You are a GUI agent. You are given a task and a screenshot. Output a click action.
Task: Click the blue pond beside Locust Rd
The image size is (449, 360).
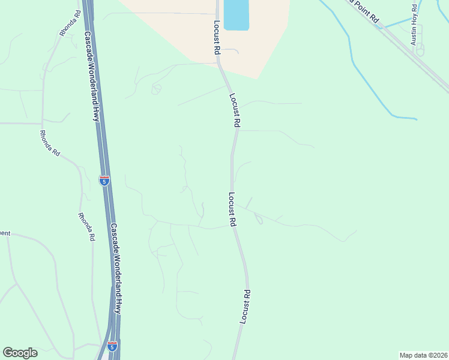[x=236, y=15]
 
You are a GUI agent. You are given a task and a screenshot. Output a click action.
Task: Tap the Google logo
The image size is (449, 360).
[x=20, y=353]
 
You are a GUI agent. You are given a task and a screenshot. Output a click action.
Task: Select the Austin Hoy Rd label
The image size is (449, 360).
[x=414, y=25]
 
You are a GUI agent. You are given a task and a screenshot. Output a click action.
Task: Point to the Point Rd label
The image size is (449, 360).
[x=365, y=11]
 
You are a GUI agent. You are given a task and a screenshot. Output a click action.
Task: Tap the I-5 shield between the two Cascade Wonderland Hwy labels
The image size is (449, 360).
[x=104, y=180]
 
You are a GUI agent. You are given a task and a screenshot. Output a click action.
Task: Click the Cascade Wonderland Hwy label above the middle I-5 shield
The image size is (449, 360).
[x=91, y=76]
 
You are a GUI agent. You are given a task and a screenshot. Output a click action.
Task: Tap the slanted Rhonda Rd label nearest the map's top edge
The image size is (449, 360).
[x=69, y=23]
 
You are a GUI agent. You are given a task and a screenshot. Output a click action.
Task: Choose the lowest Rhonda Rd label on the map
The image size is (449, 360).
[x=86, y=227]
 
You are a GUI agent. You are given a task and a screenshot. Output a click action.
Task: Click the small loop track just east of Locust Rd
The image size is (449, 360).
[x=259, y=220]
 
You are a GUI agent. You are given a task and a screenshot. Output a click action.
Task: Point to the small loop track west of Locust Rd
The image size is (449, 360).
[x=156, y=89]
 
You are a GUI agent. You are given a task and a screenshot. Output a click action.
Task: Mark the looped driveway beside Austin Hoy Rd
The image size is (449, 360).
[x=419, y=49]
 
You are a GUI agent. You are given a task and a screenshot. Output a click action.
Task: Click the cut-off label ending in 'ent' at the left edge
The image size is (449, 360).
[x=5, y=233]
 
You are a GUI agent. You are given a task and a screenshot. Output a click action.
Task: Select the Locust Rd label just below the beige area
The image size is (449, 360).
[x=235, y=110]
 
